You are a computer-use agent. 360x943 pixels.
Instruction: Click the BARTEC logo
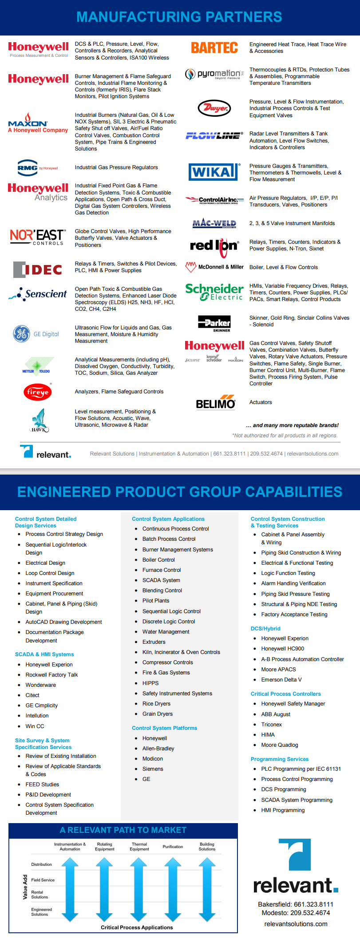214,48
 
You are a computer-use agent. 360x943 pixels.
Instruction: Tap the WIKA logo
214,172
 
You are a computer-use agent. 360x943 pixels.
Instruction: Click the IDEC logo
38,269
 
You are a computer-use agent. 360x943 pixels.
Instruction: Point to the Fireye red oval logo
38,392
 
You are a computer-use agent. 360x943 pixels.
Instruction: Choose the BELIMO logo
216,403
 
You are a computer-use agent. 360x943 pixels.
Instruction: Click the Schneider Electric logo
214,292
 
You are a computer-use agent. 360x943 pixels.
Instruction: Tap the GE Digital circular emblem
21,334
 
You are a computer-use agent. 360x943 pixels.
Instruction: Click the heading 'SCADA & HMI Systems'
44,654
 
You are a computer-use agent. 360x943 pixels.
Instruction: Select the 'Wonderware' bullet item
41,685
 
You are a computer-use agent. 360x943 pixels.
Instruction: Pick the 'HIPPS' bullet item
150,683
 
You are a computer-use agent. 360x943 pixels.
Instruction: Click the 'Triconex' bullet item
272,725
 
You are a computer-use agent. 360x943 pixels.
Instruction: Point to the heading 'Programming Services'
280,759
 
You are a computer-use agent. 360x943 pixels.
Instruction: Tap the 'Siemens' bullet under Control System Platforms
153,769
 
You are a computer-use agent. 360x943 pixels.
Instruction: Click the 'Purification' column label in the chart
173,847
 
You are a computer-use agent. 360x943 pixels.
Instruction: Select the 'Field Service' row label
43,880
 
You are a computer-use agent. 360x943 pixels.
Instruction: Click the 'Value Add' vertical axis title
25,887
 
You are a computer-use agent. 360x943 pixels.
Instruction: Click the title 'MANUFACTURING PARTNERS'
179,17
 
